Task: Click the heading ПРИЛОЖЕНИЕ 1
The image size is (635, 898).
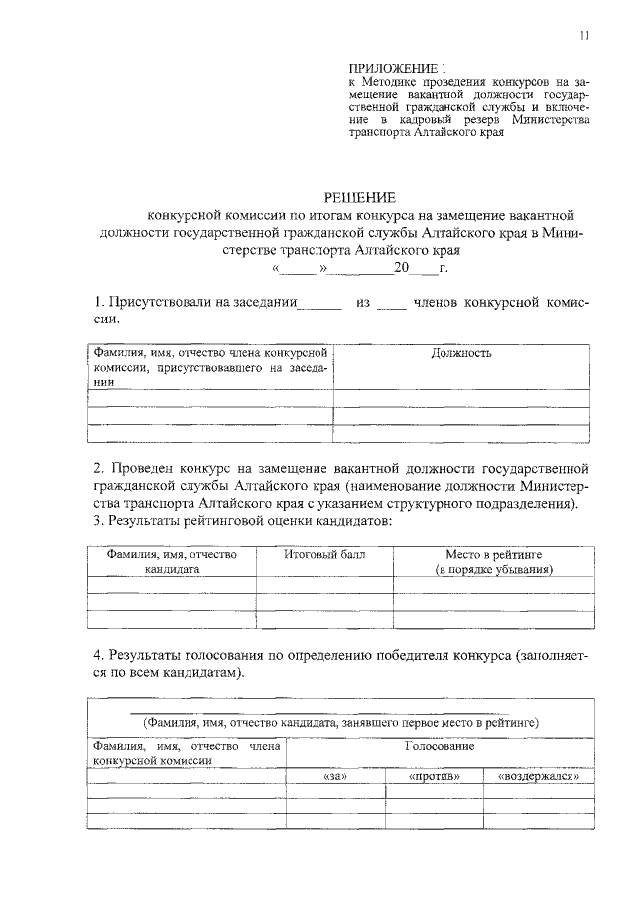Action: [x=391, y=67]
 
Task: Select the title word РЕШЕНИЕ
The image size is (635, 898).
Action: [x=361, y=197]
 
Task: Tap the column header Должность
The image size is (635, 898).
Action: [x=461, y=353]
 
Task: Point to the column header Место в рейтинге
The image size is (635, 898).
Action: [x=494, y=555]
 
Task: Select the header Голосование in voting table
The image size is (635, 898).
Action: [x=440, y=746]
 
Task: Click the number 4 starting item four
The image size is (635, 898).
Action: [x=97, y=656]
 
